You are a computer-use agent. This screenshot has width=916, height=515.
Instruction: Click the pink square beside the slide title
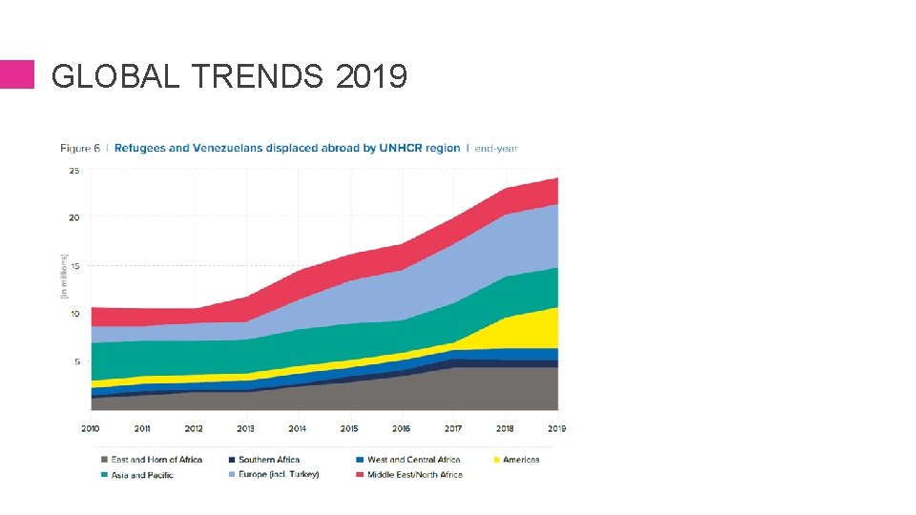16,74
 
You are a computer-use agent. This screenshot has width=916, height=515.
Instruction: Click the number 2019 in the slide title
371,75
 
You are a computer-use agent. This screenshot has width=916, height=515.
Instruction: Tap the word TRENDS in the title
258,75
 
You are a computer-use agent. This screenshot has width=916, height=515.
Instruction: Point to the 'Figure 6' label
81,148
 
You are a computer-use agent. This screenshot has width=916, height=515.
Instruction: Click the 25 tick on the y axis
73,171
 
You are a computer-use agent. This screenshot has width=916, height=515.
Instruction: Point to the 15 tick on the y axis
73,265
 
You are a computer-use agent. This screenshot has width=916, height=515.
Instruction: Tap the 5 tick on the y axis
75,361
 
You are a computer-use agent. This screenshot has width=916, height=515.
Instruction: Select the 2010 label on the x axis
91,428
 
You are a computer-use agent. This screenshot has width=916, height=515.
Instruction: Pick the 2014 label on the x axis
298,428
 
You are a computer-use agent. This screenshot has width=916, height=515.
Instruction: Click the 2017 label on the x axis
453,428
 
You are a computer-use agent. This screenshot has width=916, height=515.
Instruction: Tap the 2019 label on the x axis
556,428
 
